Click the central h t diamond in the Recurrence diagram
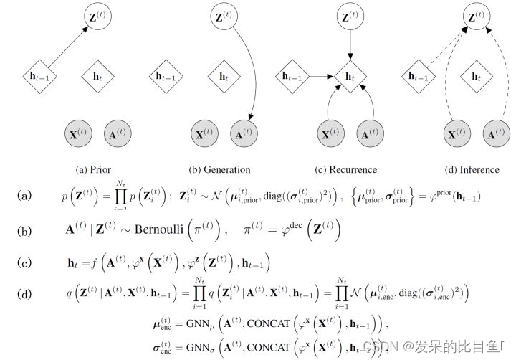tap(348, 75)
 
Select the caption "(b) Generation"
tap(219, 170)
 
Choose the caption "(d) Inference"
tap(471, 170)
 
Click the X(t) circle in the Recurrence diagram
tap(329, 133)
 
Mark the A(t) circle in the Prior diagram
tap(115, 133)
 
